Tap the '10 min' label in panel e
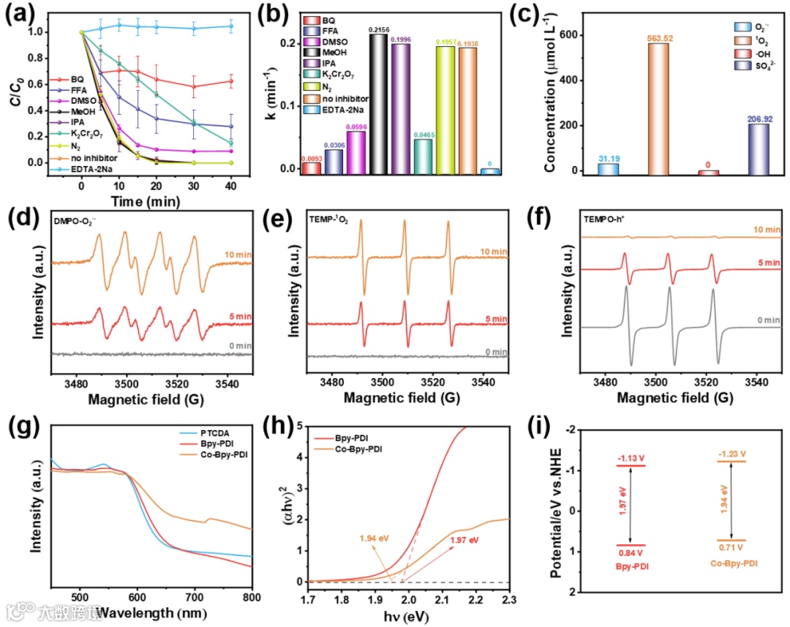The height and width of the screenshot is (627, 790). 492,252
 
